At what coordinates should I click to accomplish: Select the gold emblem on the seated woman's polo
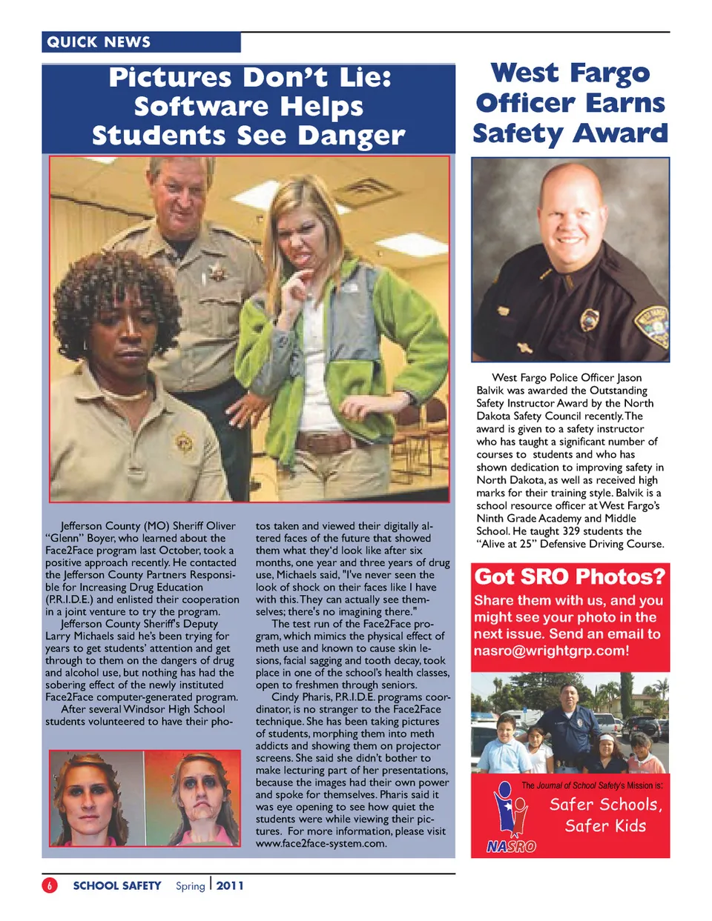(x=184, y=442)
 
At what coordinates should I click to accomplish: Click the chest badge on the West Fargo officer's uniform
(x=589, y=319)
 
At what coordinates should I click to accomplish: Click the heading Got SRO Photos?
(x=570, y=576)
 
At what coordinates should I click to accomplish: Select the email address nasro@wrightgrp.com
(x=551, y=651)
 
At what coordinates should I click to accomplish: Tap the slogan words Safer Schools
(x=605, y=805)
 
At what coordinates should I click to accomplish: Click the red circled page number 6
(x=50, y=885)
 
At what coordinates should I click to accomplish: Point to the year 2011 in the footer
(x=230, y=885)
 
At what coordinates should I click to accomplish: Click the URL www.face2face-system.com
(x=321, y=843)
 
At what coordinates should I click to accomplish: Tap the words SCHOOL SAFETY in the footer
(x=116, y=885)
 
